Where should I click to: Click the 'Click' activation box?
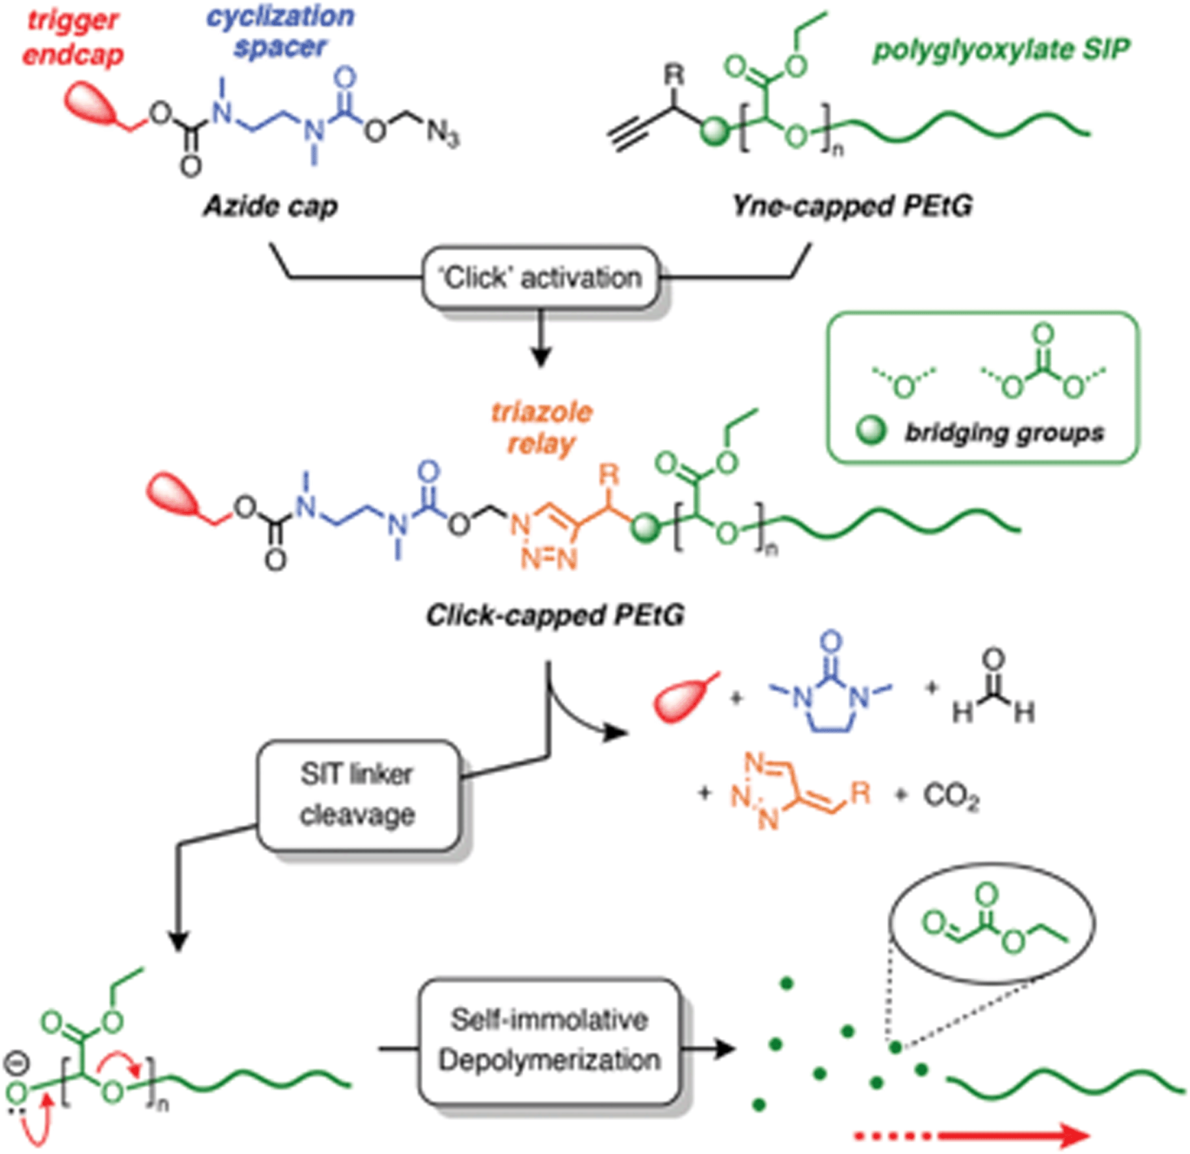click(540, 278)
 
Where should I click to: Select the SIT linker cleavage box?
click(357, 795)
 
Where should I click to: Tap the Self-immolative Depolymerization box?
click(549, 1041)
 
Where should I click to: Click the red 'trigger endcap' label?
click(72, 38)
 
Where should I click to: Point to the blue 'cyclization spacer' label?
click(280, 31)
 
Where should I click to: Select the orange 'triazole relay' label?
click(541, 428)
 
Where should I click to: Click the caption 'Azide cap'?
click(270, 207)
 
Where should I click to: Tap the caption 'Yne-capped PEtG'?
click(852, 207)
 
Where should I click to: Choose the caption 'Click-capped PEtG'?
click(555, 615)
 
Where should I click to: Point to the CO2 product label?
click(951, 796)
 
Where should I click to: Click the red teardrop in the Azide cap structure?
click(91, 104)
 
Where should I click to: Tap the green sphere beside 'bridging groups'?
click(870, 430)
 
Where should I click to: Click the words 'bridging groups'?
click(1004, 432)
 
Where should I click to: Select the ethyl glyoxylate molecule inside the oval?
click(992, 924)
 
